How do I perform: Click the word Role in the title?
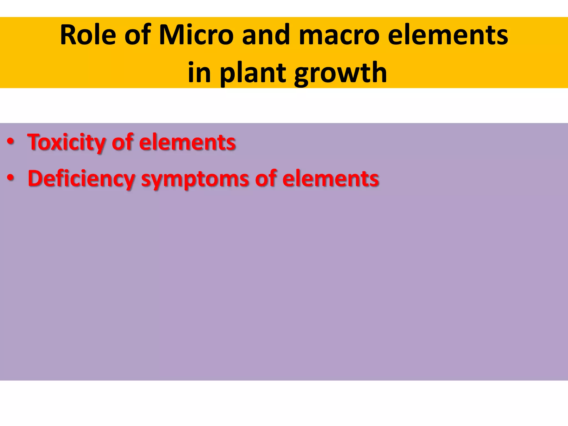(x=88, y=35)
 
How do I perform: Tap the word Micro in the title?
(x=196, y=35)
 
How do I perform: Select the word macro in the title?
(x=339, y=35)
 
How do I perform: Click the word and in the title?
(x=266, y=35)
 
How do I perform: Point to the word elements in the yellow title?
(x=448, y=35)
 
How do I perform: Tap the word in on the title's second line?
(x=199, y=73)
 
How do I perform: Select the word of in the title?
(x=137, y=35)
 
